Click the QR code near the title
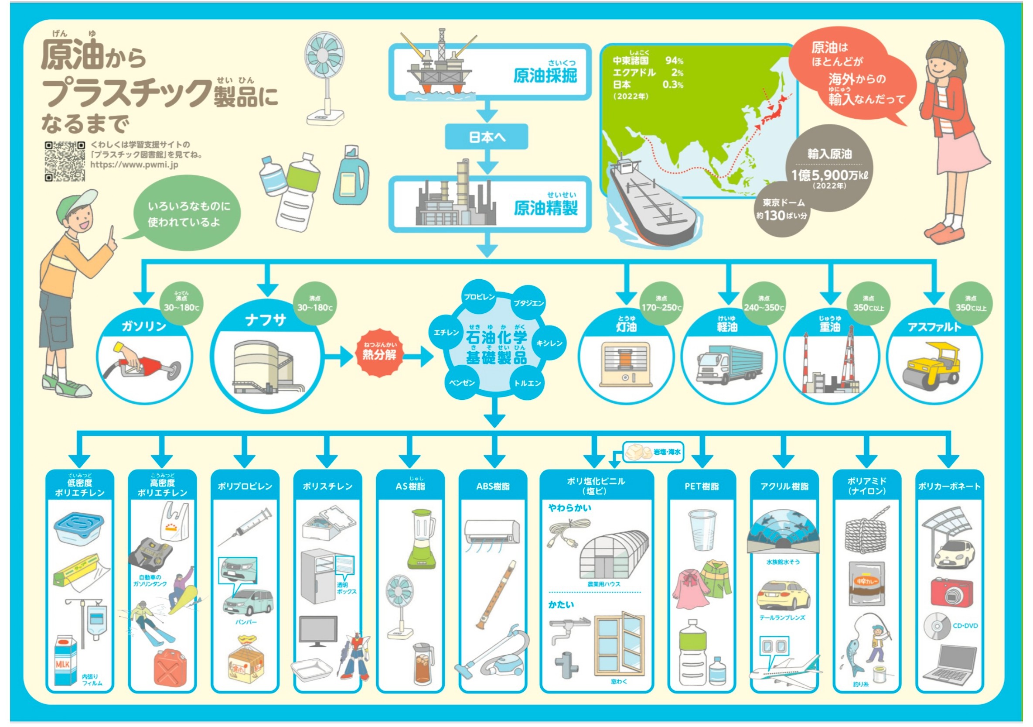65,161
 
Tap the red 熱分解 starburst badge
379,353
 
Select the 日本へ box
486,137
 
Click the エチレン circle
446,332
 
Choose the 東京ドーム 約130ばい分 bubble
781,209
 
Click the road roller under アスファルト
933,367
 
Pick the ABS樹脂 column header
493,486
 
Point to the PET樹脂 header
702,486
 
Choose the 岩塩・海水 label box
654,452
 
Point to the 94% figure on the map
674,60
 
